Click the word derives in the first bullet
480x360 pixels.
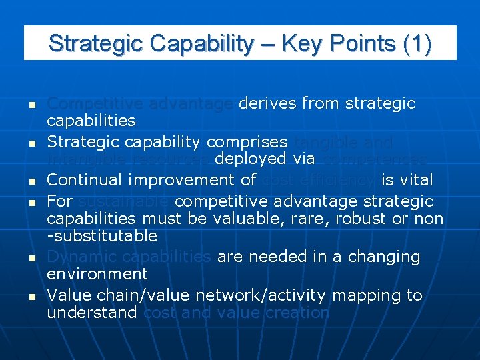pyautogui.click(x=267, y=103)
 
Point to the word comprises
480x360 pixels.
pyautogui.click(x=247, y=142)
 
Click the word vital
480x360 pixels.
pyautogui.click(x=416, y=180)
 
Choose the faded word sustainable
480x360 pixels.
pyautogui.click(x=123, y=201)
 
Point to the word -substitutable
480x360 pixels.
pyautogui.click(x=102, y=236)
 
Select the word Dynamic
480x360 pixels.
pyautogui.click(x=77, y=257)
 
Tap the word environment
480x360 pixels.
pyautogui.click(x=97, y=274)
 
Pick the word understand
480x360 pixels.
pyautogui.click(x=92, y=313)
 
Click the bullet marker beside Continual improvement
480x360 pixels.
pyautogui.click(x=31, y=181)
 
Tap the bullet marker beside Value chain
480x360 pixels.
pyautogui.click(x=31, y=296)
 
